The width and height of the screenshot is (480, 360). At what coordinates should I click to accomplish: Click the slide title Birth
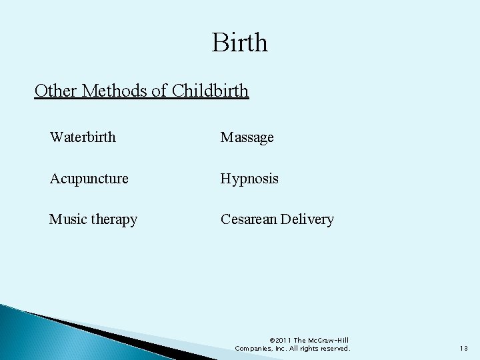(240, 43)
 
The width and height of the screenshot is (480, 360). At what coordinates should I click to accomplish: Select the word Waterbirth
(83, 137)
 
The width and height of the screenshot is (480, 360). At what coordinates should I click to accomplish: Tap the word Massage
(247, 137)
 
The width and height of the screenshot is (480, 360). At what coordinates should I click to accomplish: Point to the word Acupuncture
(89, 179)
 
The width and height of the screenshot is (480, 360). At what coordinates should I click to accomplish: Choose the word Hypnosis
(250, 179)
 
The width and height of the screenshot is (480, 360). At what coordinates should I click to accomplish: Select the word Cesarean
(250, 219)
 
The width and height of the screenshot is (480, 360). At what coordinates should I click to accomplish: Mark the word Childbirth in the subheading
(210, 90)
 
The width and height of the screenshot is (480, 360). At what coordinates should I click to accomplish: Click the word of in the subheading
(159, 90)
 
